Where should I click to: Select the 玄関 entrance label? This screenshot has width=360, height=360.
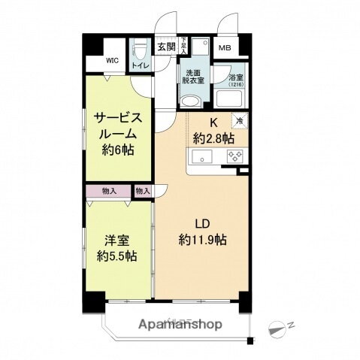[166, 47]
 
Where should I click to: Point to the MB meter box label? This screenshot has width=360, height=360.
[224, 49]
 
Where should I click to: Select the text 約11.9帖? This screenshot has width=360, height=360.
[204, 241]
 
